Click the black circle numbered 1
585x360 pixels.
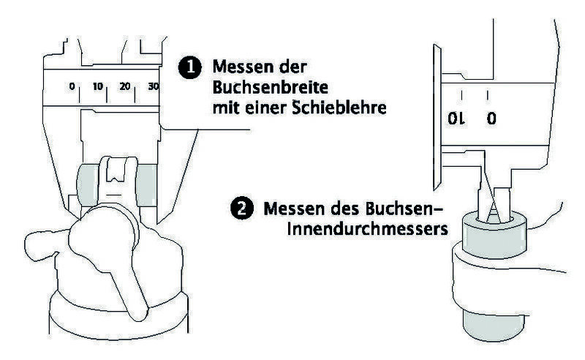coord(190,67)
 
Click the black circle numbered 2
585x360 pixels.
coord(242,208)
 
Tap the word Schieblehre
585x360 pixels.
coord(339,108)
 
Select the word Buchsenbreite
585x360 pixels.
coord(270,87)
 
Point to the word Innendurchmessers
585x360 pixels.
coord(368,228)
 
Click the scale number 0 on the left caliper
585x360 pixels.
coord(72,86)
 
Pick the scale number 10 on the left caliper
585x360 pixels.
coord(98,86)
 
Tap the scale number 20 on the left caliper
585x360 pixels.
coord(125,86)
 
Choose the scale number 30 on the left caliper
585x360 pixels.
coord(154,86)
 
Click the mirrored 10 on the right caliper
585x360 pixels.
coord(457,119)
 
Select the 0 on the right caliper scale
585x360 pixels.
coord(491,119)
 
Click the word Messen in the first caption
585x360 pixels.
coord(241,67)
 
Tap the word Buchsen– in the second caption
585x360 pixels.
coord(404,209)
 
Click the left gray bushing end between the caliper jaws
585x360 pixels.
coord(88,186)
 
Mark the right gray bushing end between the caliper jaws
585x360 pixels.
coord(146,186)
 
